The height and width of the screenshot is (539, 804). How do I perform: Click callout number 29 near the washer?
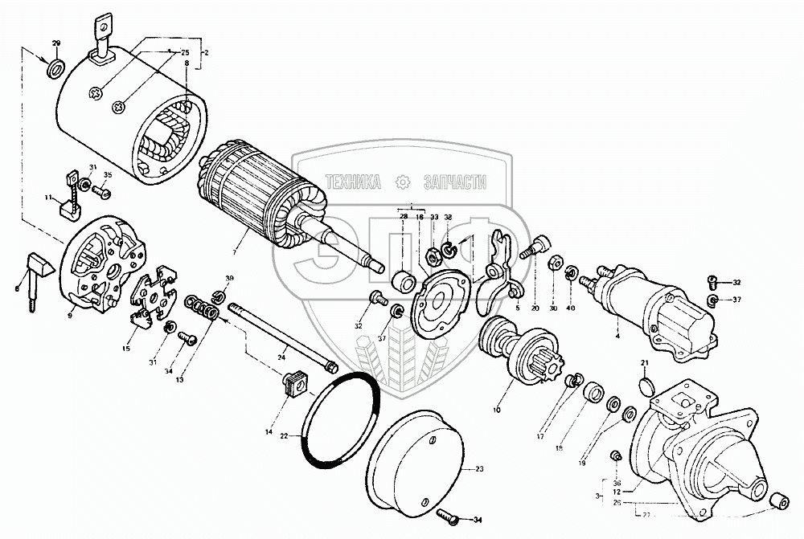56,43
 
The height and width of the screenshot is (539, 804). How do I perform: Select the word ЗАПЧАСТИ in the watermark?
451,183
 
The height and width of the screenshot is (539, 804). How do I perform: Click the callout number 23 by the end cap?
481,469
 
